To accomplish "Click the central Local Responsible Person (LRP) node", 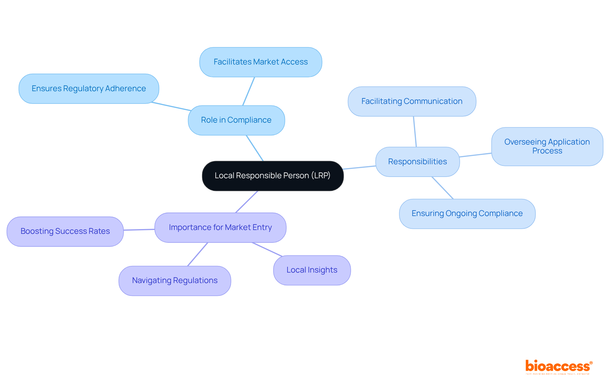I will point(273,176).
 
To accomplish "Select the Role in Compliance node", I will point(236,120).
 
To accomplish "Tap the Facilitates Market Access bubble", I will point(261,62).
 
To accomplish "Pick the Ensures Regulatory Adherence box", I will point(89,89).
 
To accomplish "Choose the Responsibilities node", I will point(417,162).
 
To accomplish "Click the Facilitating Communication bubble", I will point(412,101).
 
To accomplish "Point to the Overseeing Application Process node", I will point(547,146).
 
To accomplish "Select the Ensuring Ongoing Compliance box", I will point(467,213).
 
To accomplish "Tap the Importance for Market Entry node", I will point(220,227).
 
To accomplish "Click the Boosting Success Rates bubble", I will point(65,231).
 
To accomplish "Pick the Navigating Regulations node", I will point(175,281).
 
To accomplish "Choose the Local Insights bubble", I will point(312,270).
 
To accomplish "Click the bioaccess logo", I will point(558,367).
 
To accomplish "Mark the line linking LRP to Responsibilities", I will point(359,167).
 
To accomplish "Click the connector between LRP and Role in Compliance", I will point(255,148).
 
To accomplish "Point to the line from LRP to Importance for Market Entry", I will point(247,202).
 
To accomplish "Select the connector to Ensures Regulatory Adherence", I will point(171,106).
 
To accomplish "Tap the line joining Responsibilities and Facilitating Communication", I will point(415,132).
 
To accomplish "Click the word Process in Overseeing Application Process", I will point(547,151).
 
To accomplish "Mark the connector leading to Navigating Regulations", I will point(198,254).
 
